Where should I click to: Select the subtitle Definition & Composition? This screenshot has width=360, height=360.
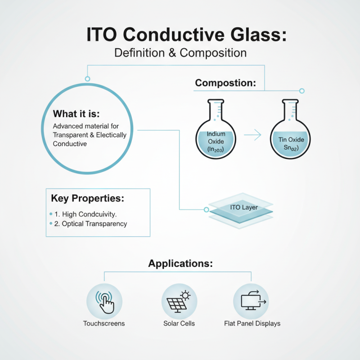180,53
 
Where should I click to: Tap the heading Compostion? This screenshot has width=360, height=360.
225,83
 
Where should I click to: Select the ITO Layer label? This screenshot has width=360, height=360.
241,207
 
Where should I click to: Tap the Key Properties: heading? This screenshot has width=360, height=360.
87,198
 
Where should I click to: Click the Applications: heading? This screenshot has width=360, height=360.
180,264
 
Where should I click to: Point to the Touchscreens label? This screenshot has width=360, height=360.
104,324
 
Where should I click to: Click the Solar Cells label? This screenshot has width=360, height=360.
179,324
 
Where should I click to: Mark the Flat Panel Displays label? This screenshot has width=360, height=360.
252,324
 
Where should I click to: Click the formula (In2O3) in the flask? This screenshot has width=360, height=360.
216,149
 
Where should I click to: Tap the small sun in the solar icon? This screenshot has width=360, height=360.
185,295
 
